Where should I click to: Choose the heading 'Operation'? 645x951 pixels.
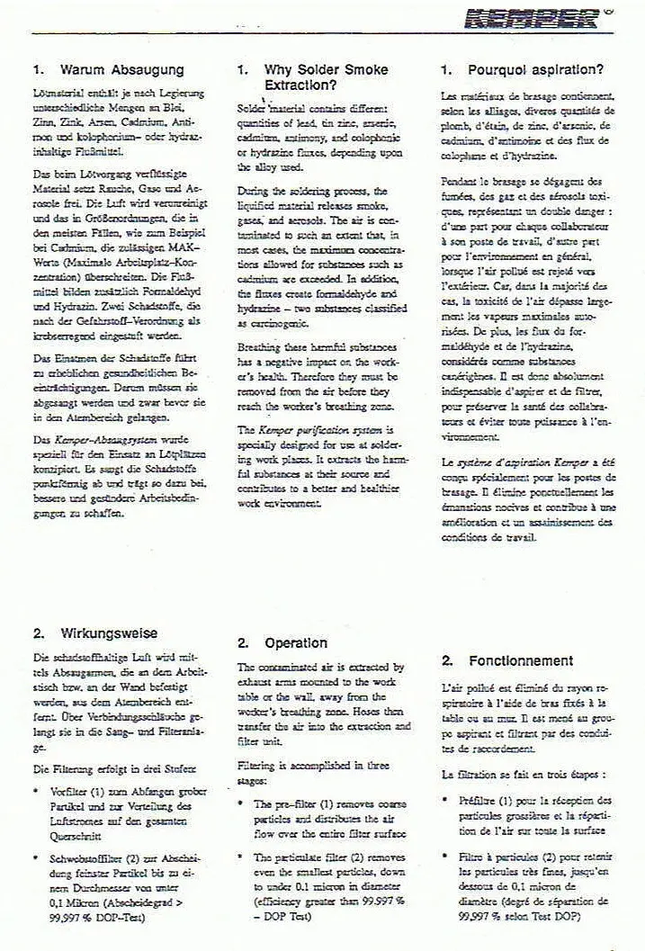(x=295, y=643)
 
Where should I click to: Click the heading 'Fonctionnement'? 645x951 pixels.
(x=520, y=660)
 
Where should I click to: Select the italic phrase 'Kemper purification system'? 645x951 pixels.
(x=308, y=432)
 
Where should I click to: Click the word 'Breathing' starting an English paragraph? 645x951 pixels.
(x=263, y=346)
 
